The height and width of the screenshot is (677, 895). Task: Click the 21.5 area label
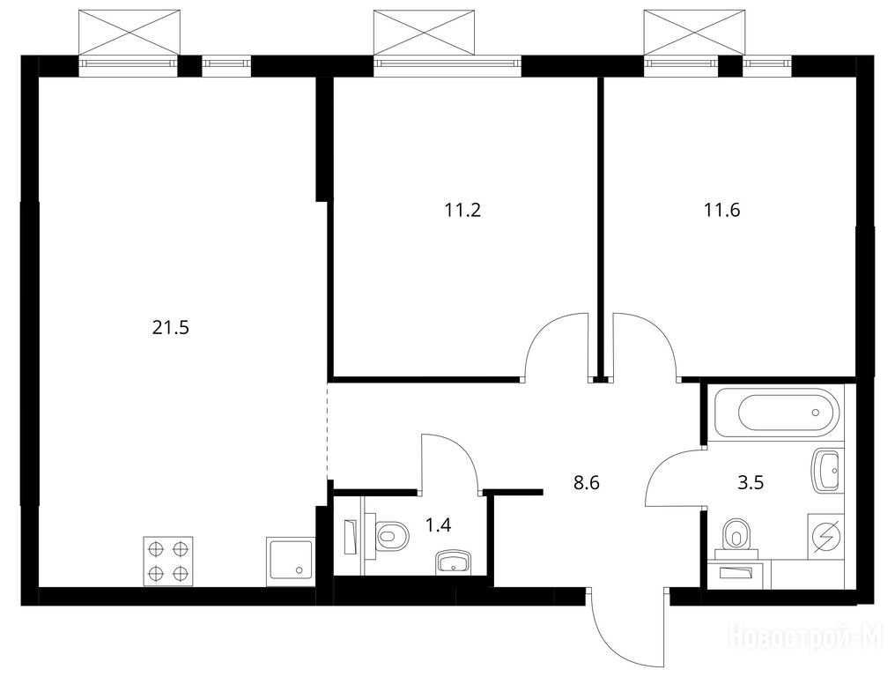point(170,328)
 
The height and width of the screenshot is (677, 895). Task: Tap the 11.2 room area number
point(462,211)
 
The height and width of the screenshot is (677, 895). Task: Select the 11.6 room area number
point(721,211)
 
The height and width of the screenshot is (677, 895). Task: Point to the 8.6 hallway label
point(586,483)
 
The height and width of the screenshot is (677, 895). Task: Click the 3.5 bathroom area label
point(751,483)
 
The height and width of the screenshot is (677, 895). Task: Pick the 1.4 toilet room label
point(439,524)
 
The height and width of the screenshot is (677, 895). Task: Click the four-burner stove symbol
point(167,561)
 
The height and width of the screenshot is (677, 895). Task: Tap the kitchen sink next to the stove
point(290,562)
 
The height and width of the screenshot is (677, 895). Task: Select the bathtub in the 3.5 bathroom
point(780,413)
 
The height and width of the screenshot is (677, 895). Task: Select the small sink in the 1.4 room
point(453,562)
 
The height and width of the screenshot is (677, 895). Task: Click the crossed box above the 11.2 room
point(424,33)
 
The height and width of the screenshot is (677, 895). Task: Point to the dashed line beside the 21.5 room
point(328,429)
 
